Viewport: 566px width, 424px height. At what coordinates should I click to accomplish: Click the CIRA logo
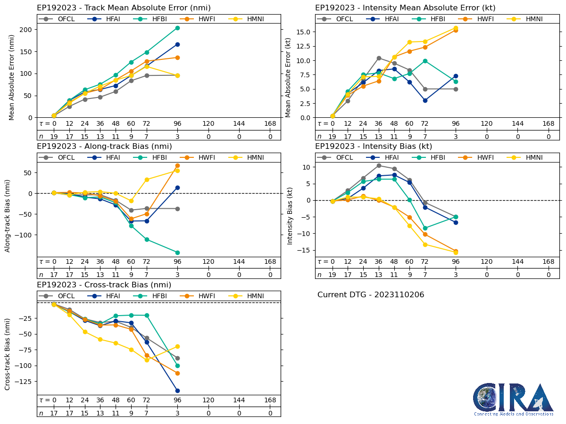514,400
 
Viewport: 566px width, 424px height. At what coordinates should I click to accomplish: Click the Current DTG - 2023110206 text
371,295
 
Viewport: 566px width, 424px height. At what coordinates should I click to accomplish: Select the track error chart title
124,8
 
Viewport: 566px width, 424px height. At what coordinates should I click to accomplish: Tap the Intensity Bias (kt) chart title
374,147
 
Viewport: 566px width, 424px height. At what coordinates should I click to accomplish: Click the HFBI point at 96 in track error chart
177,28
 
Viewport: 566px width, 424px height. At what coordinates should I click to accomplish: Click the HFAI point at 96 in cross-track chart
177,391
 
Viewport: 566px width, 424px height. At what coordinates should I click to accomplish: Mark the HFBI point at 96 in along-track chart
177,253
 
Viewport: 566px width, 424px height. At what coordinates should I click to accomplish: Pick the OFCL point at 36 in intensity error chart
379,58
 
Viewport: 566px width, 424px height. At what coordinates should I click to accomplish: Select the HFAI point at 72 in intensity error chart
425,100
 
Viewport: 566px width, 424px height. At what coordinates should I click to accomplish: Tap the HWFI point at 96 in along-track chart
177,165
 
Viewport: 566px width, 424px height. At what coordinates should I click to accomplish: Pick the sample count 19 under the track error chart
54,136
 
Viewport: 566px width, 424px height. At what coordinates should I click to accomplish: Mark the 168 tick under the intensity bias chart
548,262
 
